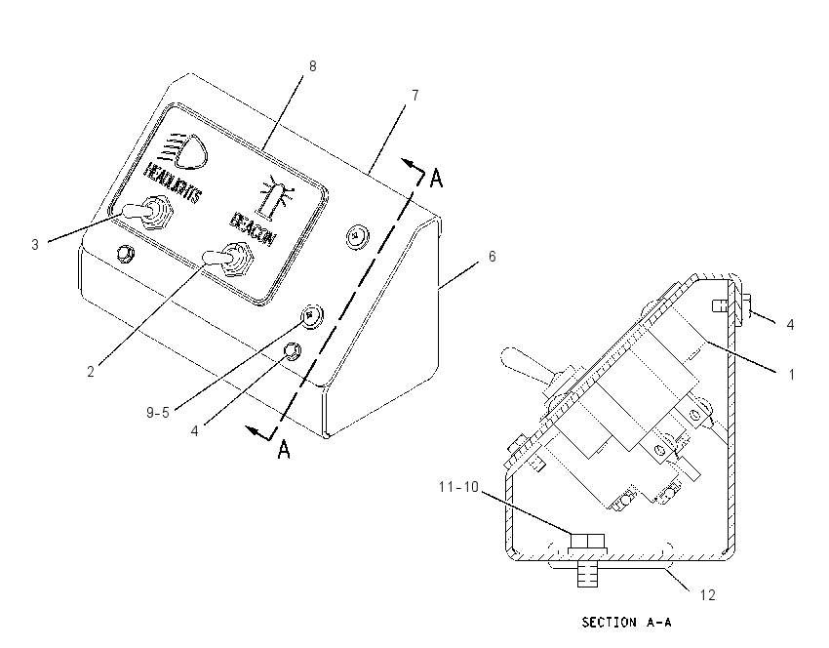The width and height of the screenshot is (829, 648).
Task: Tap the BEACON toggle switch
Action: (230, 259)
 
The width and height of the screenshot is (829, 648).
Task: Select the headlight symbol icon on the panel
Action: (185, 151)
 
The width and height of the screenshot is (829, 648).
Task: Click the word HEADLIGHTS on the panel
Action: (173, 182)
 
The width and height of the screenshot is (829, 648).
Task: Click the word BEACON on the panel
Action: (253, 228)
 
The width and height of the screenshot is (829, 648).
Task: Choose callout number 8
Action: (312, 66)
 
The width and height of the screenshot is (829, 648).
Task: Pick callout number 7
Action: (415, 96)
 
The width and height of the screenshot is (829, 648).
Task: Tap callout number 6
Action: (493, 257)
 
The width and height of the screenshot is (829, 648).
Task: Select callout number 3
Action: (35, 245)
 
